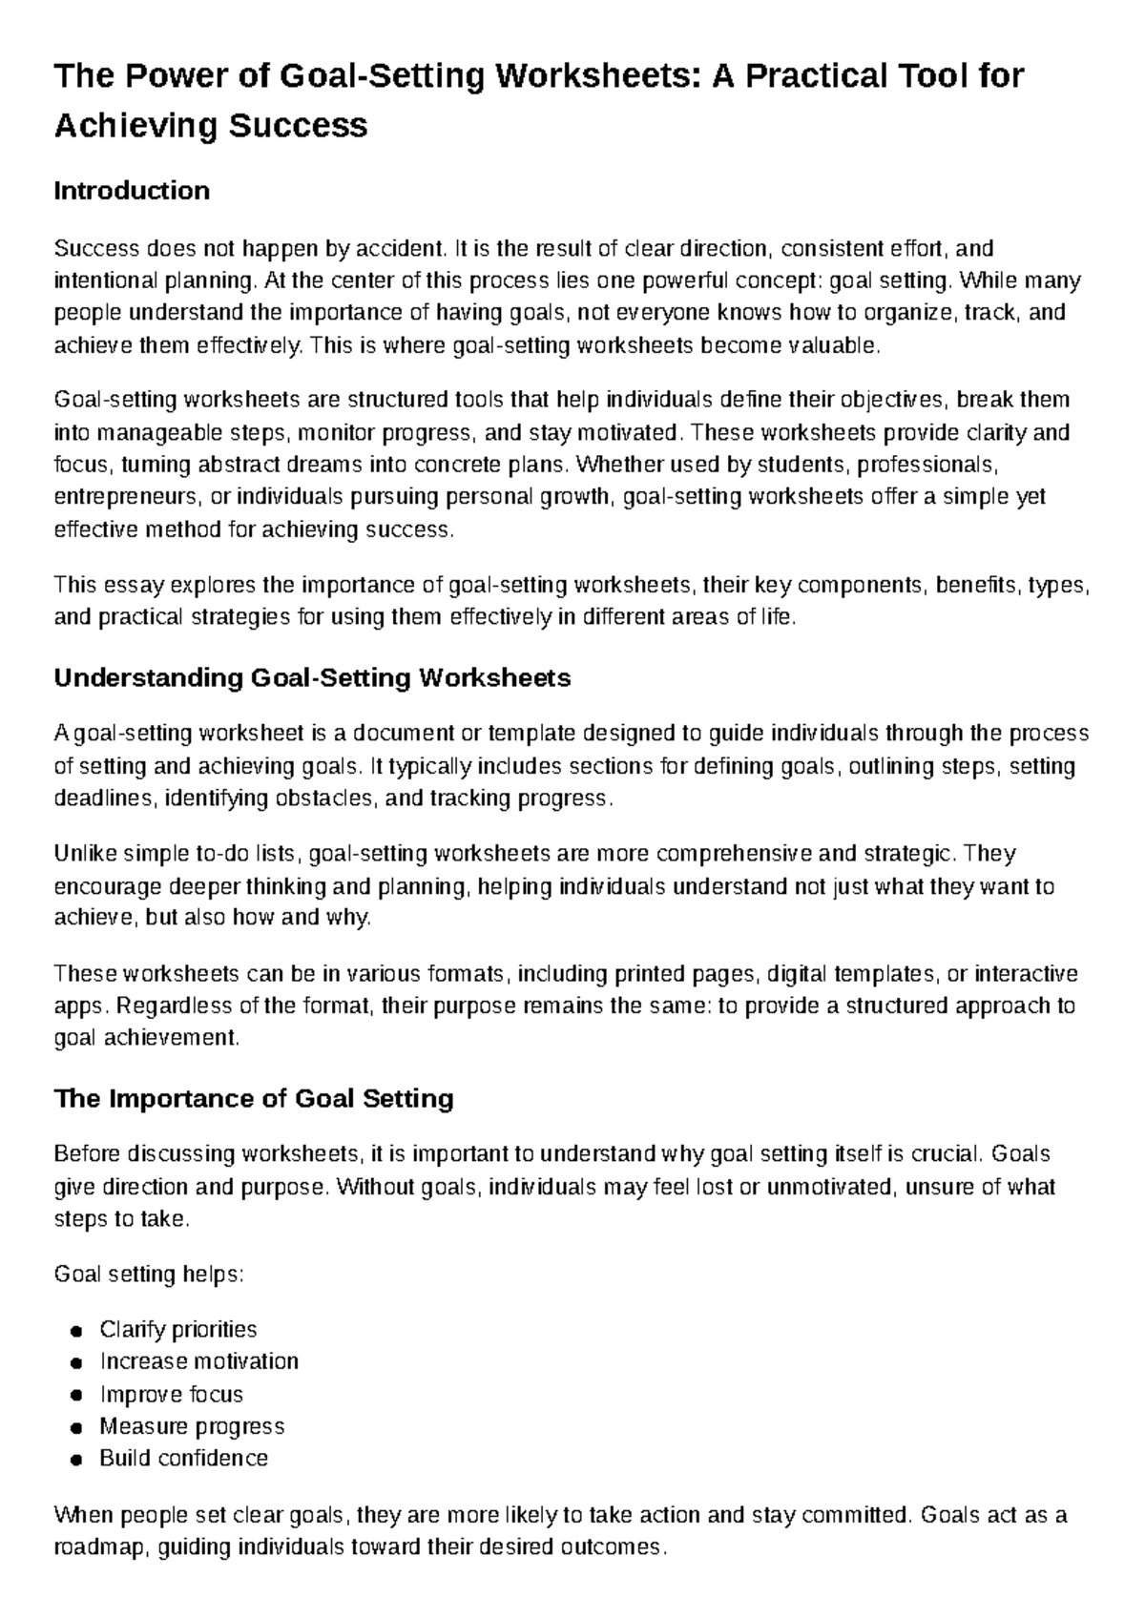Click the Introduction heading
(x=132, y=191)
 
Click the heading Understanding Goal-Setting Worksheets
(x=312, y=678)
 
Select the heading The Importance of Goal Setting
(x=254, y=1099)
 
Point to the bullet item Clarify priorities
(x=177, y=1329)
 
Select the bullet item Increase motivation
(x=198, y=1361)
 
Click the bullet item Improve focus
(x=171, y=1394)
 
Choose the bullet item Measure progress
(x=192, y=1426)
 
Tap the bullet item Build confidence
(x=183, y=1459)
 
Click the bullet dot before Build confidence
(x=76, y=1461)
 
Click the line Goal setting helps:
(x=149, y=1275)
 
